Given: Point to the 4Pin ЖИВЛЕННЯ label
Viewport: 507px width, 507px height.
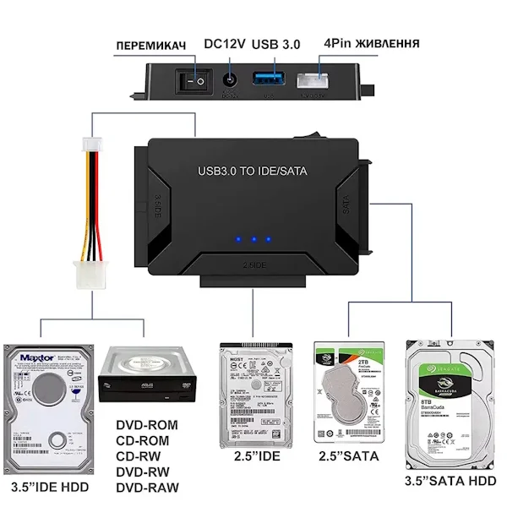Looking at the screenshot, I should [369, 43].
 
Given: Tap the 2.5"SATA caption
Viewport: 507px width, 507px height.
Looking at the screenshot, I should [348, 457].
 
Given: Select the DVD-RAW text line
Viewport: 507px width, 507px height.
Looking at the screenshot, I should [147, 488].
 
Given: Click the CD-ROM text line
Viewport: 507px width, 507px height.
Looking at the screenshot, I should [141, 440].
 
